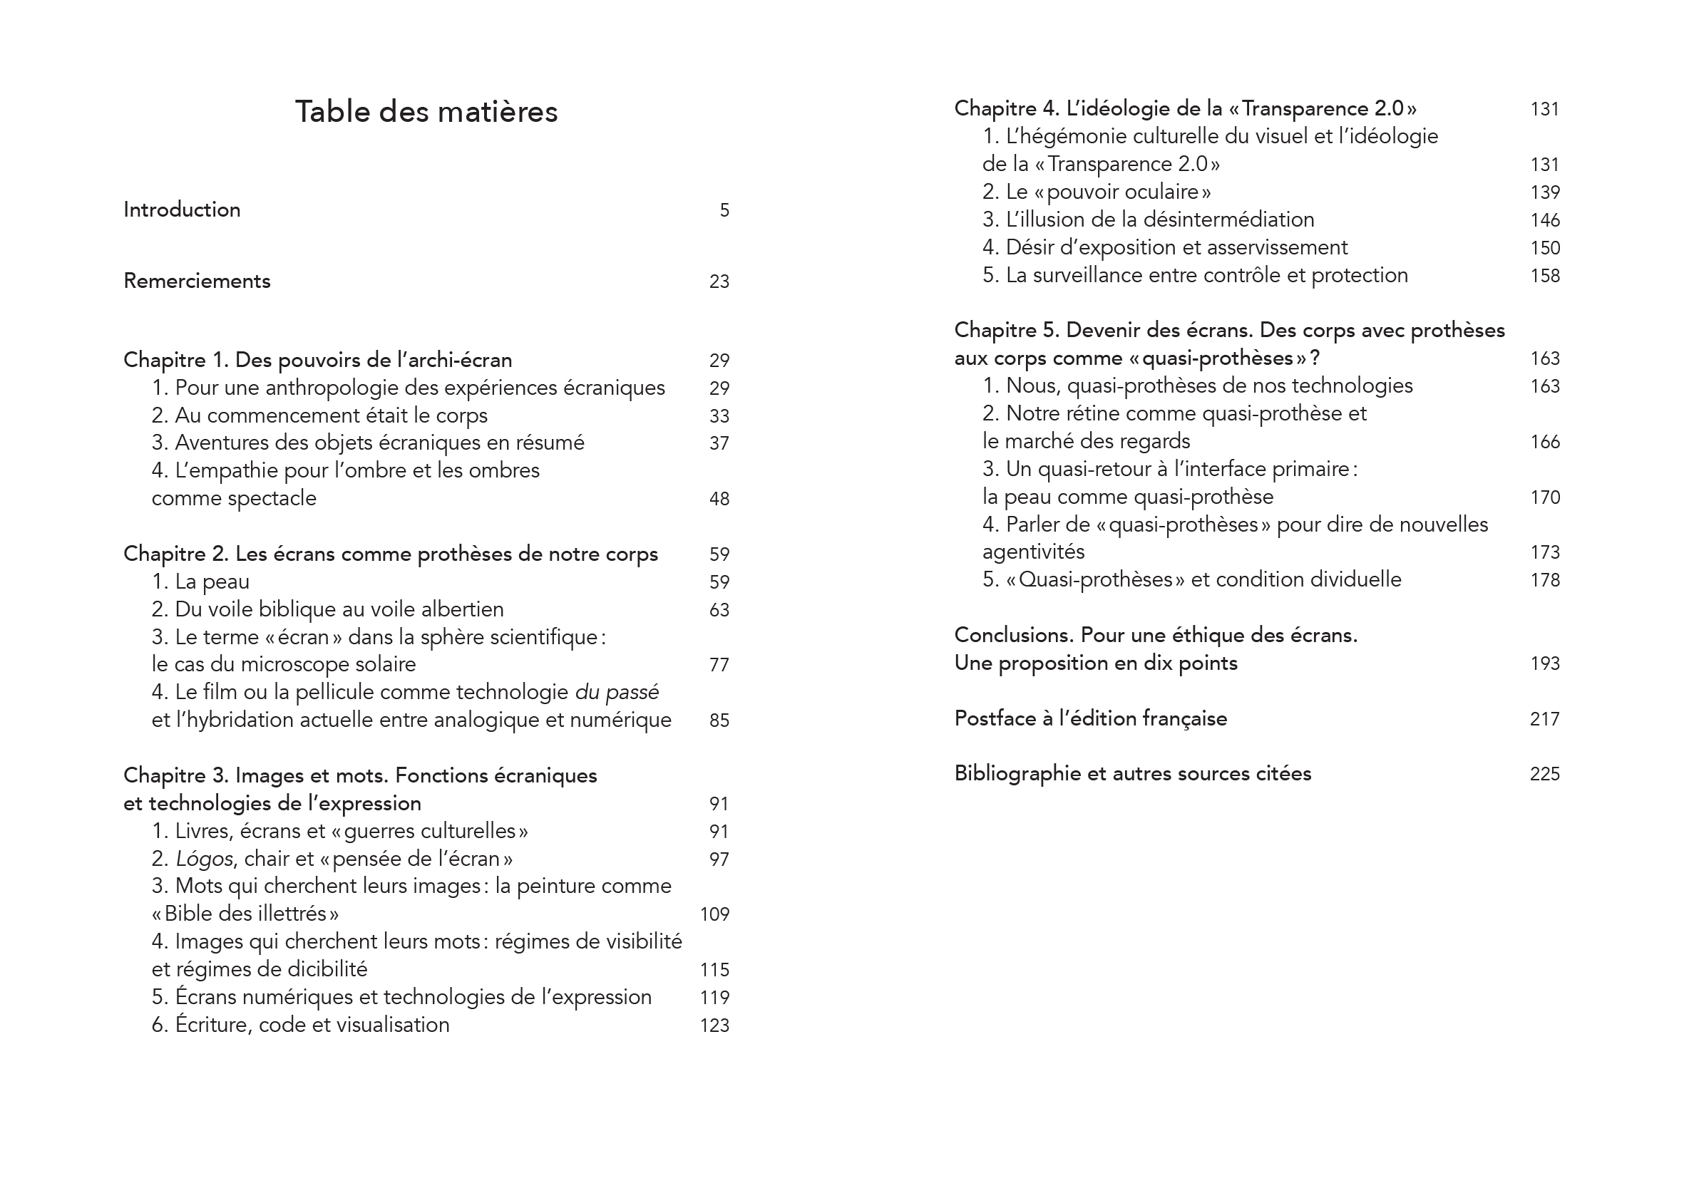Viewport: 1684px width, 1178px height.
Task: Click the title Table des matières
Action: click(426, 112)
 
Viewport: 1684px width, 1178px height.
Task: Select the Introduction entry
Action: click(182, 210)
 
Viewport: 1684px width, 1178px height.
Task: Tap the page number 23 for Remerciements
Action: click(719, 281)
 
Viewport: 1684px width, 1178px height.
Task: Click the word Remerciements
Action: click(197, 281)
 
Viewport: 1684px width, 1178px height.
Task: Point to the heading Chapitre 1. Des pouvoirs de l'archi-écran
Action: click(317, 360)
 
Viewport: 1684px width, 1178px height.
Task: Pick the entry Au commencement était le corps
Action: click(319, 415)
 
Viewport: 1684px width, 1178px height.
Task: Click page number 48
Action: click(719, 499)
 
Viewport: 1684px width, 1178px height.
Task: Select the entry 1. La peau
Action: click(200, 582)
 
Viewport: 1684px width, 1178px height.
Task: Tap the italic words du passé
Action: click(616, 692)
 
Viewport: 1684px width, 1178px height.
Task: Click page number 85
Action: click(719, 720)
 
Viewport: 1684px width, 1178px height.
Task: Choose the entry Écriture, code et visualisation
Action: click(301, 1025)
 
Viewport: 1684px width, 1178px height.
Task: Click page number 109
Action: click(714, 914)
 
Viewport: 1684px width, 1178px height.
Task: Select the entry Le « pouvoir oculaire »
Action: click(1097, 192)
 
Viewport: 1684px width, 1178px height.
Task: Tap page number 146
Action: click(1545, 220)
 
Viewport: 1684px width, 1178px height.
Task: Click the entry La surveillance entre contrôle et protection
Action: click(1195, 276)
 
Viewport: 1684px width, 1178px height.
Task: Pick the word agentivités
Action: click(1034, 552)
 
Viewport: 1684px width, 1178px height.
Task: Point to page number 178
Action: click(1545, 580)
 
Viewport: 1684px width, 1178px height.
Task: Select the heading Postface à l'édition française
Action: click(1090, 718)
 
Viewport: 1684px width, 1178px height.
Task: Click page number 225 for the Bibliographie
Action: click(1545, 774)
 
